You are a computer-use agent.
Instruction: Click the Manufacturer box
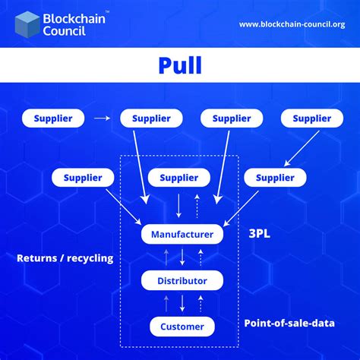(x=182, y=234)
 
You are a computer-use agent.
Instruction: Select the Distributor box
(x=182, y=281)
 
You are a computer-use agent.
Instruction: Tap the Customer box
(x=182, y=327)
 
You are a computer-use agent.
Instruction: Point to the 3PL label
(x=259, y=234)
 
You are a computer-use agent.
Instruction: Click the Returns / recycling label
(x=65, y=258)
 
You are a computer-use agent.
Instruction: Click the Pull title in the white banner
(x=180, y=65)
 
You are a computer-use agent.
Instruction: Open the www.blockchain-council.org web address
(x=292, y=24)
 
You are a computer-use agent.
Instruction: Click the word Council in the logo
(x=67, y=33)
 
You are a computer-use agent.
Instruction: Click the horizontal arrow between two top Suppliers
(x=103, y=118)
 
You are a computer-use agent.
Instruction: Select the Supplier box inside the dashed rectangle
(x=178, y=178)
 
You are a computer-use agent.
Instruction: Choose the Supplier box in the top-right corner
(x=311, y=118)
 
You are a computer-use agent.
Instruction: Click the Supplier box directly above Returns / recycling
(x=83, y=178)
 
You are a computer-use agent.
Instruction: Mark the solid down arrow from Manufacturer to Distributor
(x=183, y=258)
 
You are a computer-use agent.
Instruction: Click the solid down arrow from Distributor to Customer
(x=183, y=305)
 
